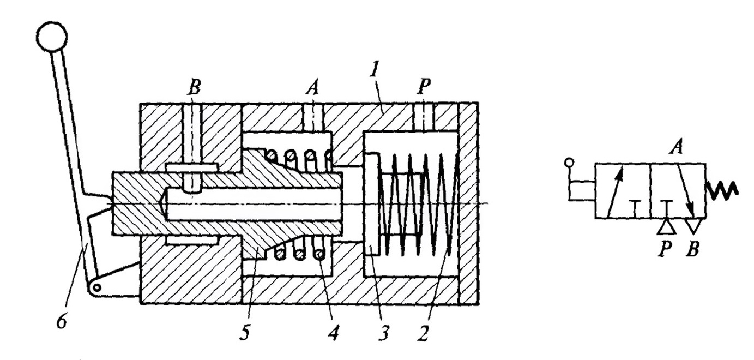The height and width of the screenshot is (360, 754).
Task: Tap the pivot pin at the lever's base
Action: point(97,287)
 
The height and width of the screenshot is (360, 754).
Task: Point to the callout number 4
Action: point(334,331)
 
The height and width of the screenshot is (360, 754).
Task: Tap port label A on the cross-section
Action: point(312,88)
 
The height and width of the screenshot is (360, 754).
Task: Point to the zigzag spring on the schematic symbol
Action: point(722,189)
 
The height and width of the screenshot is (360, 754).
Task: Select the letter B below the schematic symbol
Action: point(693,250)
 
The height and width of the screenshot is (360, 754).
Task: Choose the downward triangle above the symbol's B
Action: point(692,226)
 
